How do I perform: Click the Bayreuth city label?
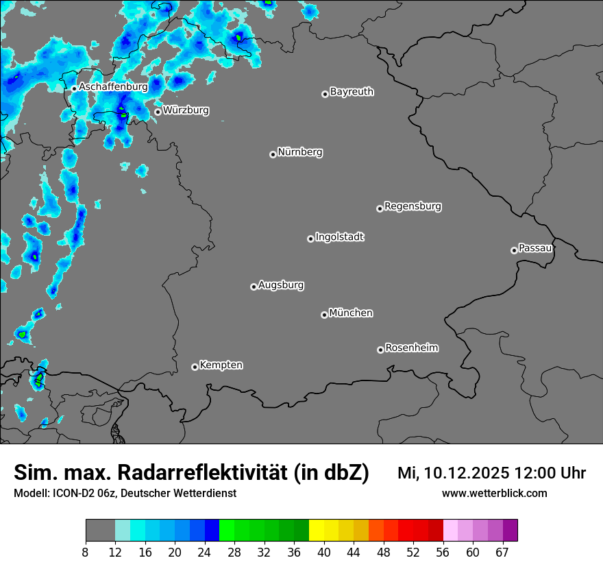click(x=352, y=92)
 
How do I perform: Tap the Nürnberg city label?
click(x=300, y=152)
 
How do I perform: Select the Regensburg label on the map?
click(x=413, y=206)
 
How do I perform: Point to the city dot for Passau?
click(x=514, y=250)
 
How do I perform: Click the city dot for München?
click(x=324, y=315)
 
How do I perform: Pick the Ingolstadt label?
click(x=339, y=237)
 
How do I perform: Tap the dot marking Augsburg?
click(x=254, y=287)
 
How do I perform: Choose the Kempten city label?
click(x=221, y=365)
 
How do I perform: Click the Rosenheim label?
click(x=411, y=348)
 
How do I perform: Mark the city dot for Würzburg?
click(x=158, y=112)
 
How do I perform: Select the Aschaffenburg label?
click(x=113, y=87)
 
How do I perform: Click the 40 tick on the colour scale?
click(x=324, y=553)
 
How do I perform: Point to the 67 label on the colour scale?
click(x=502, y=553)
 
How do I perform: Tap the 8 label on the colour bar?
click(x=86, y=553)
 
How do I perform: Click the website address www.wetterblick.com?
click(x=494, y=493)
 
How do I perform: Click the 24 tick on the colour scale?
click(x=204, y=553)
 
